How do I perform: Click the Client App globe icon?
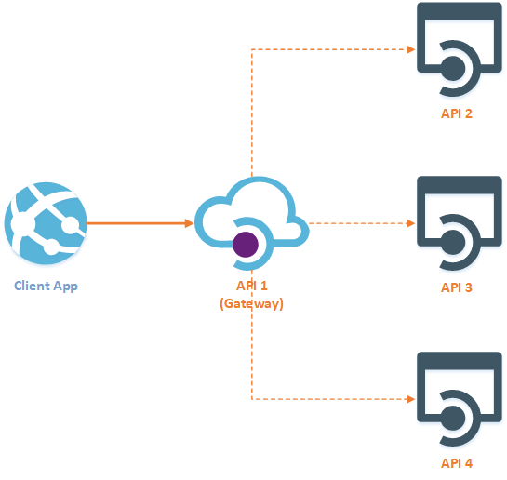tap(46, 221)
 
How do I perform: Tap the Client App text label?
tap(46, 286)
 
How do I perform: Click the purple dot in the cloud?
tap(246, 245)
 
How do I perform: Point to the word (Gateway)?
tap(251, 303)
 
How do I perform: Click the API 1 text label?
tap(251, 287)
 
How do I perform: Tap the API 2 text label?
tap(457, 113)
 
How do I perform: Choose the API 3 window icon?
tap(454, 222)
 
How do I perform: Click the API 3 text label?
tap(457, 287)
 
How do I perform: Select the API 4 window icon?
tap(454, 397)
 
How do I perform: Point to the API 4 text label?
tap(457, 462)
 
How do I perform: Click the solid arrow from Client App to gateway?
tap(140, 223)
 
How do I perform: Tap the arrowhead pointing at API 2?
tap(409, 49)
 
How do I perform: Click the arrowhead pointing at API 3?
tap(409, 223)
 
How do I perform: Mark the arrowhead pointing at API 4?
tap(409, 399)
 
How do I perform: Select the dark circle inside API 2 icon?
tap(453, 68)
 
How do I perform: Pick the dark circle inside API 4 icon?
tap(453, 417)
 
